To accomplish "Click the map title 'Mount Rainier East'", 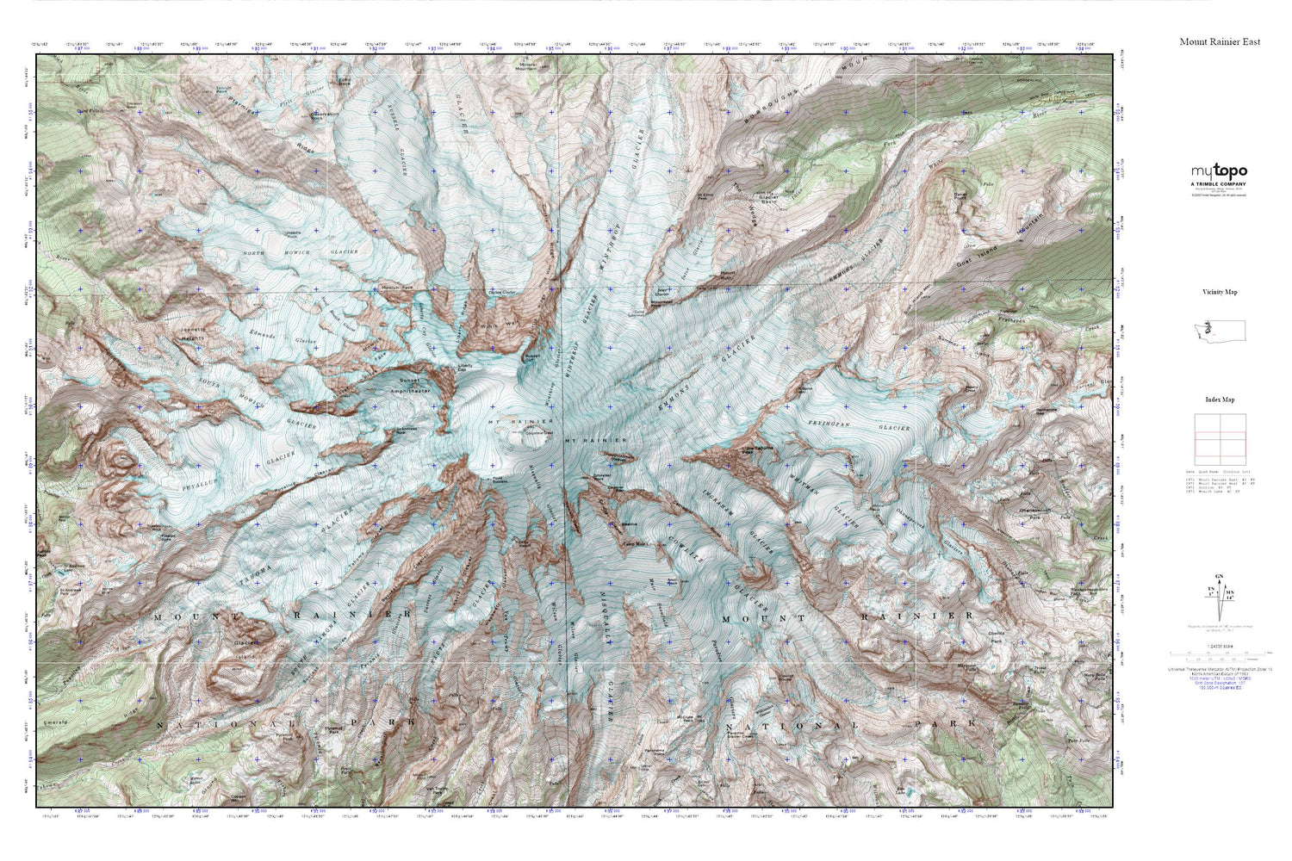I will tap(1220, 41).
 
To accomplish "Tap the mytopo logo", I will tap(1219, 171).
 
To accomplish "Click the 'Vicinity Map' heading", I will tap(1220, 292).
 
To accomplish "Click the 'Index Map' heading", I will tap(1220, 400).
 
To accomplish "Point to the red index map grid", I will tap(1220, 439).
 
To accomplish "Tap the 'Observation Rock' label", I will tap(325, 115).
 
